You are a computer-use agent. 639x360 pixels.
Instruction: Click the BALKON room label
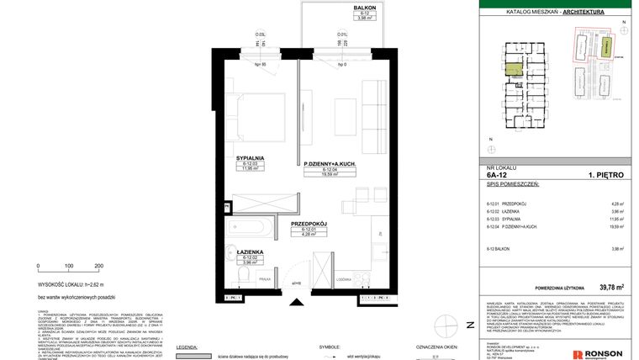click(x=341, y=7)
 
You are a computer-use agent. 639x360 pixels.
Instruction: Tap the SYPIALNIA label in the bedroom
click(x=250, y=157)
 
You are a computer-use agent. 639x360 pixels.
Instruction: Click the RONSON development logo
click(x=598, y=355)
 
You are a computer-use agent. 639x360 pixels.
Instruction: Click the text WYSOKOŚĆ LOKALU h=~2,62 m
click(x=77, y=285)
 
